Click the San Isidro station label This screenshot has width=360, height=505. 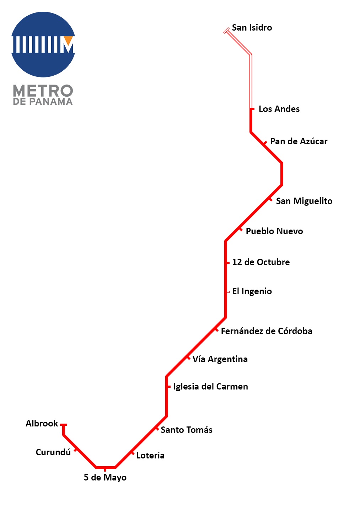(252, 28)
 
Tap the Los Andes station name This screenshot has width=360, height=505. (279, 109)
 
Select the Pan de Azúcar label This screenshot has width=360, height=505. (299, 141)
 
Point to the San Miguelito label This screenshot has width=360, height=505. (304, 201)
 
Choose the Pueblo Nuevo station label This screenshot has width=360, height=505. (274, 231)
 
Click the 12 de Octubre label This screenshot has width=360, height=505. (261, 262)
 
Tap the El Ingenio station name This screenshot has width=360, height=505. (252, 291)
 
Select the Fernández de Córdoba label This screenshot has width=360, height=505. (267, 331)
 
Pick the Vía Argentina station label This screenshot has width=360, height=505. (220, 359)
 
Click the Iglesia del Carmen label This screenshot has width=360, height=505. (210, 387)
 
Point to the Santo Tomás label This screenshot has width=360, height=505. (187, 430)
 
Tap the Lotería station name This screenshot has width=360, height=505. (150, 456)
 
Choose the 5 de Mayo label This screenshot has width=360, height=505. (105, 478)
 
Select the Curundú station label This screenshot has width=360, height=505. (53, 452)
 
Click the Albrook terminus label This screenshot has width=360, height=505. (42, 423)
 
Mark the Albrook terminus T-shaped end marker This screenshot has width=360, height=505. (64, 425)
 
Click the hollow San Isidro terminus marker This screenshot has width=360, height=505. (226, 31)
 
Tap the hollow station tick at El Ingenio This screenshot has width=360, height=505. (228, 292)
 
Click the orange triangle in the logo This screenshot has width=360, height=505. (68, 40)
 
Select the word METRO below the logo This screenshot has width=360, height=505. (43, 91)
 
